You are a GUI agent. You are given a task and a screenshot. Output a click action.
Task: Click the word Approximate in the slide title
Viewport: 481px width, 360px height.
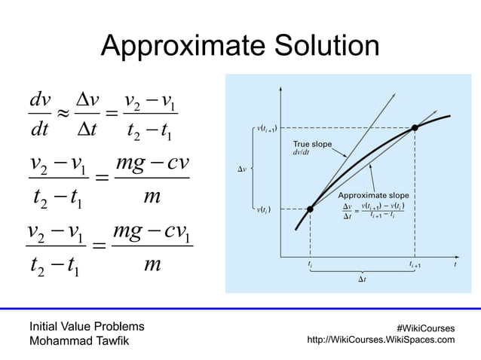tap(179, 49)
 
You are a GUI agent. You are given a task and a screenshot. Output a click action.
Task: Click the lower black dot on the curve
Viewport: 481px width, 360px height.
tap(310, 209)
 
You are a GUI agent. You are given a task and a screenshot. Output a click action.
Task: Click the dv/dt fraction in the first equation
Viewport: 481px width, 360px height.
tap(38, 115)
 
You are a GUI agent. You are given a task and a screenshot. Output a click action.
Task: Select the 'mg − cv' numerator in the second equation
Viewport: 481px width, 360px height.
tap(148, 165)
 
